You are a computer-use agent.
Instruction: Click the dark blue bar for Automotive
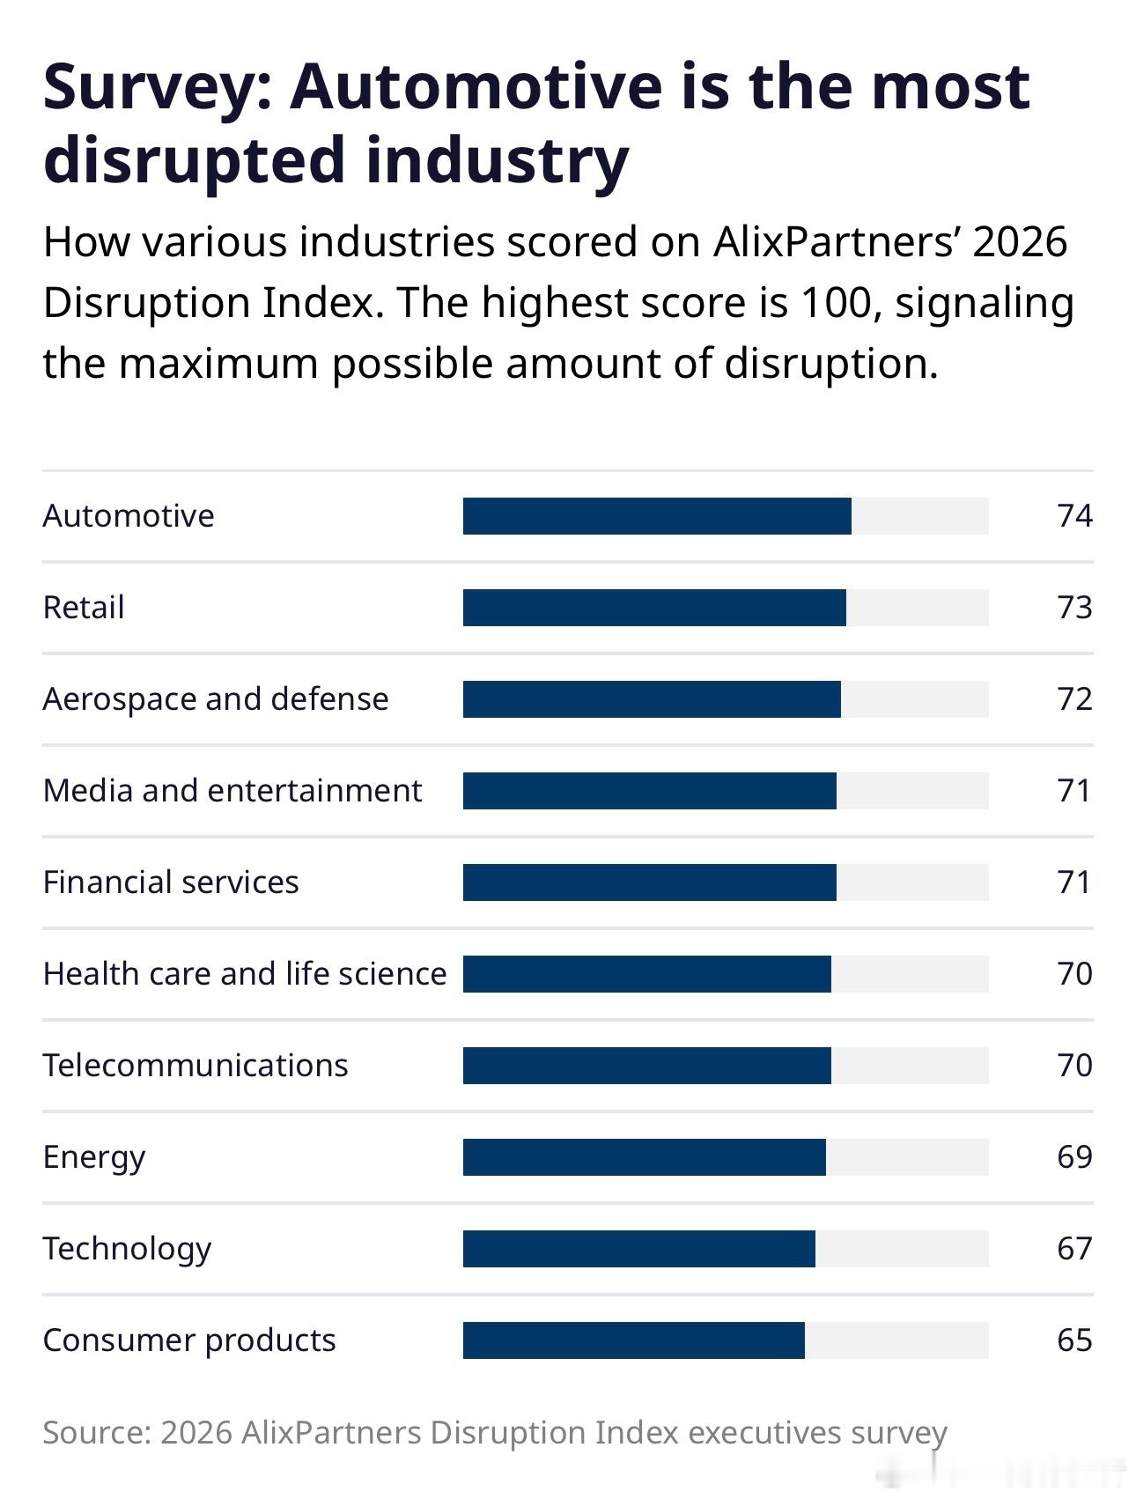657,516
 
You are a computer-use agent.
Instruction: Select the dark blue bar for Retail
654,608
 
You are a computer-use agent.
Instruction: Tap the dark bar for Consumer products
634,1340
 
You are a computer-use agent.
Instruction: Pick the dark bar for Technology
639,1249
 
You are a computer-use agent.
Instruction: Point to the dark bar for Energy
645,1157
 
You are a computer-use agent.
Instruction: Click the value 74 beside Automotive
1074,516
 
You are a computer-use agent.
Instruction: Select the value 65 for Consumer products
1074,1340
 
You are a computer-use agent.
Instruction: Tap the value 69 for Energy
1074,1157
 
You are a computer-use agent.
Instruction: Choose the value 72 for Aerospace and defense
1074,699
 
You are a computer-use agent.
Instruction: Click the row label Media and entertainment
232,791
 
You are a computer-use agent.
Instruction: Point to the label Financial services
171,882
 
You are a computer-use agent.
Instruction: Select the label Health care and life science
245,974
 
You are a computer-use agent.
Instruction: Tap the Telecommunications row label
195,1066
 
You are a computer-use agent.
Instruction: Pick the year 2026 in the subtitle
1020,242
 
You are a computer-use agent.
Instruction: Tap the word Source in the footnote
95,1433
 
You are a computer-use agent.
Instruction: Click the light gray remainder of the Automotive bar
920,516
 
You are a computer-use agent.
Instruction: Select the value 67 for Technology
1074,1249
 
